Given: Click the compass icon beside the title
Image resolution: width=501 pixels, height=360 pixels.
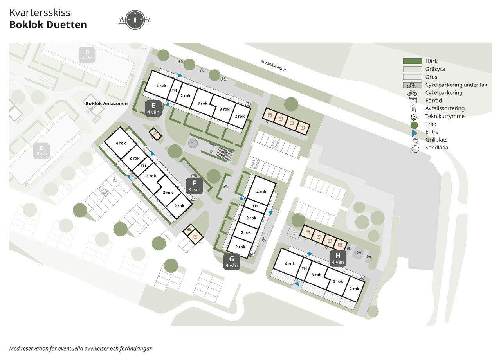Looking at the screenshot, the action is (x=135, y=20).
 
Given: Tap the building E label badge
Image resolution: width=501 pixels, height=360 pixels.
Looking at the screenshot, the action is (x=153, y=108).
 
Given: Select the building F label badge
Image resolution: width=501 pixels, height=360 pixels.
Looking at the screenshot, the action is (x=195, y=186).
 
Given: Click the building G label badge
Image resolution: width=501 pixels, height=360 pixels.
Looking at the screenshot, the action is (x=231, y=262).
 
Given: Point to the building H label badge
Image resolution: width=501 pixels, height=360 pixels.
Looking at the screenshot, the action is (x=338, y=259).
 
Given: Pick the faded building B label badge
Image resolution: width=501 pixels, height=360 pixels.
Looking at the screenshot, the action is (x=87, y=55).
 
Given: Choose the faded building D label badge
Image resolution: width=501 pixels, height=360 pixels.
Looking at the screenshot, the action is (x=41, y=151).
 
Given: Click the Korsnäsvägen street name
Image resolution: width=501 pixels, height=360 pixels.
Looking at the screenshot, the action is (x=273, y=65).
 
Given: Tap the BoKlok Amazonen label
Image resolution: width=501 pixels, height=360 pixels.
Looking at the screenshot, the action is (x=106, y=104).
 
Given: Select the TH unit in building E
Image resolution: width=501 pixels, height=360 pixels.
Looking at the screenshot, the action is (x=175, y=90).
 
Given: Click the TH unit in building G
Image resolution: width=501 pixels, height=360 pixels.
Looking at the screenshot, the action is (x=255, y=206).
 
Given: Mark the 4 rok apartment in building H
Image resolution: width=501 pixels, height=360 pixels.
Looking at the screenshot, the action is (x=290, y=264).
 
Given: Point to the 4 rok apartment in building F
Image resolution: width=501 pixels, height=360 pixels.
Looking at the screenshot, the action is (x=121, y=143).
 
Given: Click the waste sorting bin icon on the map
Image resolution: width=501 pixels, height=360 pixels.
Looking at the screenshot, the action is (x=155, y=134).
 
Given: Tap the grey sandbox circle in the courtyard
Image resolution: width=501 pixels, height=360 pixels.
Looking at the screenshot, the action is (x=193, y=143).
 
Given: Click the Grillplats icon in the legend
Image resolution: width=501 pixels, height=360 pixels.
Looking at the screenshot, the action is (x=415, y=140).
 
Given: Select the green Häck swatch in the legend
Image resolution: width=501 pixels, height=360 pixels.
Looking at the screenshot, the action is (x=413, y=61).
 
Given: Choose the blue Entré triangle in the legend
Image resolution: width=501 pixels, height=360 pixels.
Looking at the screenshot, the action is (x=414, y=133).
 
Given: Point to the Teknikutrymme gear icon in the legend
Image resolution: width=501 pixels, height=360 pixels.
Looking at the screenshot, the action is (x=414, y=117).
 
